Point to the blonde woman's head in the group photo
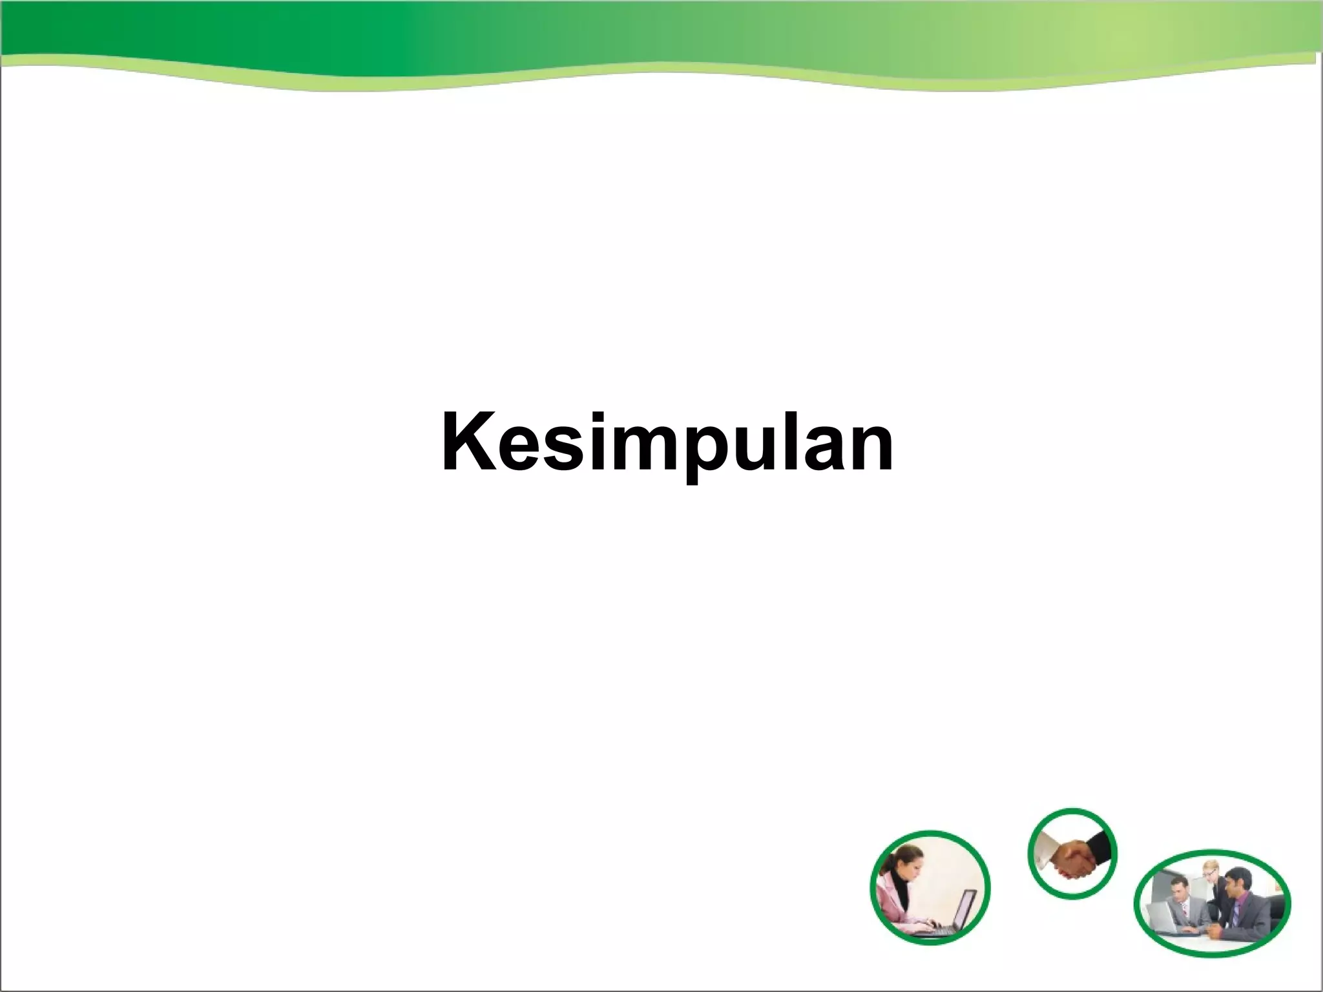(1209, 868)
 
